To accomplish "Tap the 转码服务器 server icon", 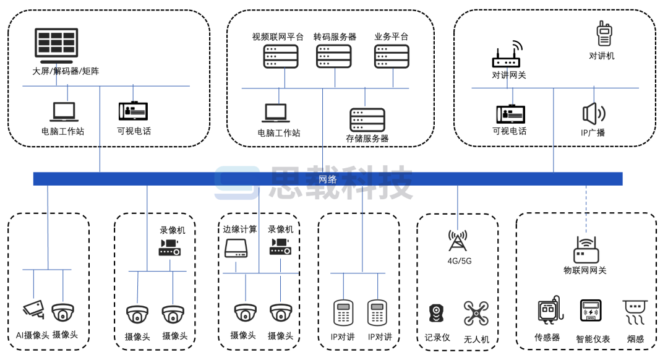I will [333, 56].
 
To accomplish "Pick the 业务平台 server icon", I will [392, 56].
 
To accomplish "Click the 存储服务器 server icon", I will [367, 120].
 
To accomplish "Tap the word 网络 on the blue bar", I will [328, 179].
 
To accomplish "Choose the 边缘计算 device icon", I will [236, 249].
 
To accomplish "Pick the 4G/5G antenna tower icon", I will [459, 241].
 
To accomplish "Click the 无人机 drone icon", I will [476, 314].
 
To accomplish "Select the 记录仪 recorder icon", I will [437, 313].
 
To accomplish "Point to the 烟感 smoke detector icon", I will [635, 312].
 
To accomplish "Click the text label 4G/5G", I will [460, 261].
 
